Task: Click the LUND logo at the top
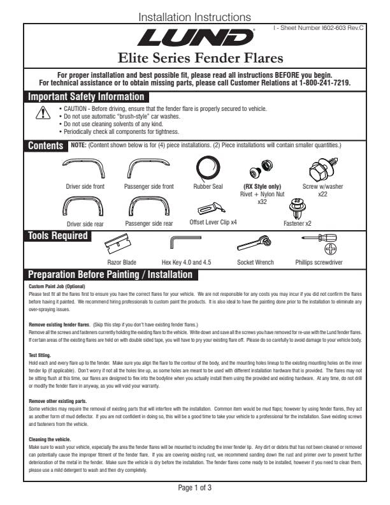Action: (195, 38)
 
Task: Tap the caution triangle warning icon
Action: (43, 113)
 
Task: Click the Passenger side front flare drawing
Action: (148, 169)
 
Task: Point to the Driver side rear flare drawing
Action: (82, 207)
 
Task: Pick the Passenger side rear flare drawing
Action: (148, 207)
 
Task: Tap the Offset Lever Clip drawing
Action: (212, 208)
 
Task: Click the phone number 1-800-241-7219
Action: (323, 83)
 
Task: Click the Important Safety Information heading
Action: (85, 97)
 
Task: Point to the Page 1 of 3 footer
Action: (194, 488)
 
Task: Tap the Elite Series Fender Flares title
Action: (195, 59)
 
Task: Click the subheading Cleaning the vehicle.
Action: (50, 440)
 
